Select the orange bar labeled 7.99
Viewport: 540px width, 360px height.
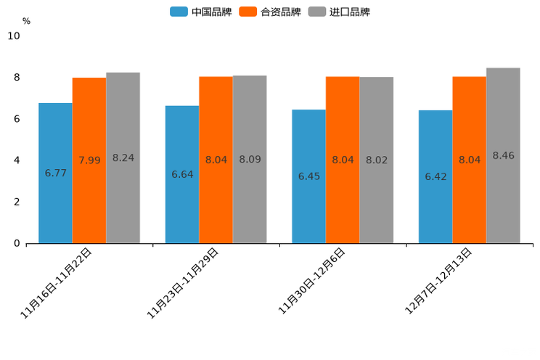pyautogui.click(x=89, y=160)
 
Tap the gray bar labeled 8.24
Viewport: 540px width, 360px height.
pyautogui.click(x=123, y=157)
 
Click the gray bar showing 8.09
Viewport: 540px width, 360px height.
pyautogui.click(x=250, y=159)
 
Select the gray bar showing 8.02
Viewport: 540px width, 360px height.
pyautogui.click(x=376, y=160)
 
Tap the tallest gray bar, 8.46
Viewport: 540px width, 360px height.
pyautogui.click(x=503, y=155)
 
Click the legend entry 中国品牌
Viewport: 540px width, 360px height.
pyautogui.click(x=201, y=12)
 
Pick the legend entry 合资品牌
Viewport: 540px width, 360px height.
pyautogui.click(x=270, y=12)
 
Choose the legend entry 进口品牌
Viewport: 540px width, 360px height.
pyautogui.click(x=339, y=12)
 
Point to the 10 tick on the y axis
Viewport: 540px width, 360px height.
pyautogui.click(x=14, y=36)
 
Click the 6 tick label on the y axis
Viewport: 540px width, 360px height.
pyautogui.click(x=17, y=119)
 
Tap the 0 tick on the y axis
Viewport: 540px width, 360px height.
pyautogui.click(x=17, y=244)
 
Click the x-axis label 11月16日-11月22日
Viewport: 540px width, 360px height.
pyautogui.click(x=57, y=283)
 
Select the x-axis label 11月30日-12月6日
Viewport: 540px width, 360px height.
pyautogui.click(x=312, y=281)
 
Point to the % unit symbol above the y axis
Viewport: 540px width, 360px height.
pyautogui.click(x=26, y=21)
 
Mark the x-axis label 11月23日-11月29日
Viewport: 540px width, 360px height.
pyautogui.click(x=183, y=283)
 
